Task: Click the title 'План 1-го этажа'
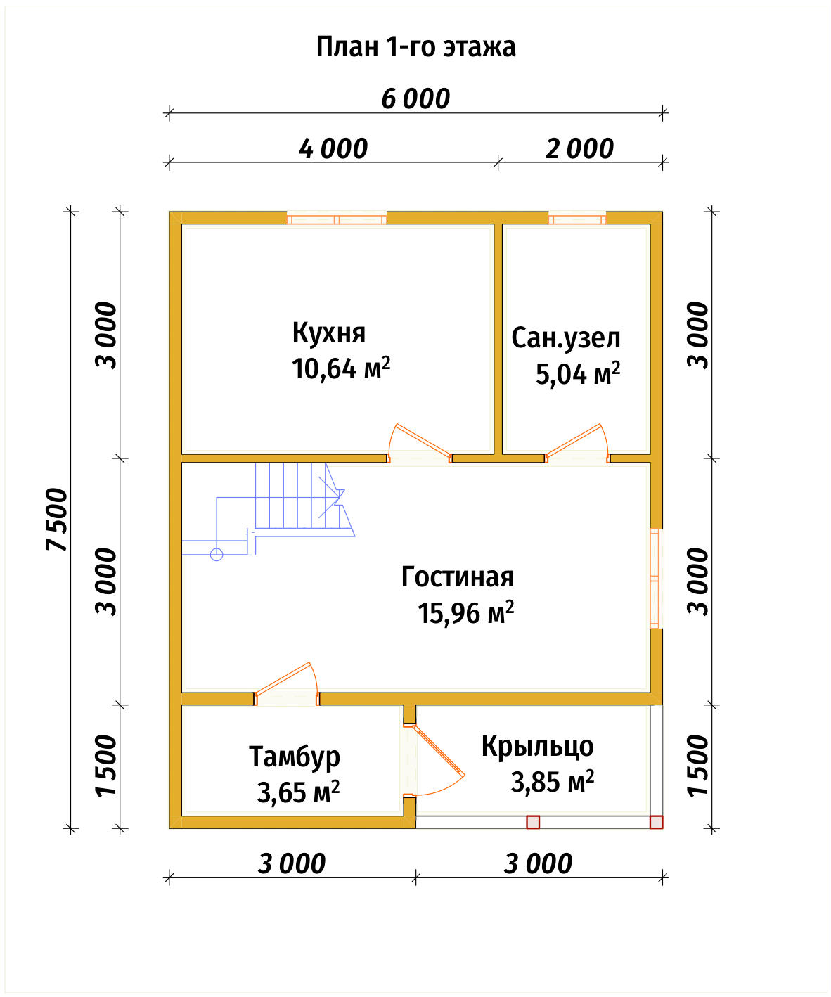(x=416, y=47)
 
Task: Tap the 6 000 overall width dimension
(x=416, y=99)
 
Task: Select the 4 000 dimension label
(x=333, y=148)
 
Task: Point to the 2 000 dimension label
(x=579, y=148)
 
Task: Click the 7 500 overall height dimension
(x=57, y=520)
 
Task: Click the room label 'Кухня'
(x=328, y=333)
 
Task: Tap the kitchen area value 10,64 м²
(x=341, y=368)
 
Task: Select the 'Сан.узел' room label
(x=565, y=337)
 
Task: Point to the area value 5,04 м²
(x=578, y=373)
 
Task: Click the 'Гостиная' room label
(x=457, y=577)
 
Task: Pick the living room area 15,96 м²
(x=465, y=612)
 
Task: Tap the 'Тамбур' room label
(x=294, y=757)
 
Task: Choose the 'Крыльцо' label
(x=537, y=747)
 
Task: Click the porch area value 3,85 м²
(x=552, y=782)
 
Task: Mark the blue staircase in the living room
(x=269, y=511)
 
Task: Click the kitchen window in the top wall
(x=337, y=219)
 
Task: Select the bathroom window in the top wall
(x=577, y=219)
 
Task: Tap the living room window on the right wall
(x=655, y=579)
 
